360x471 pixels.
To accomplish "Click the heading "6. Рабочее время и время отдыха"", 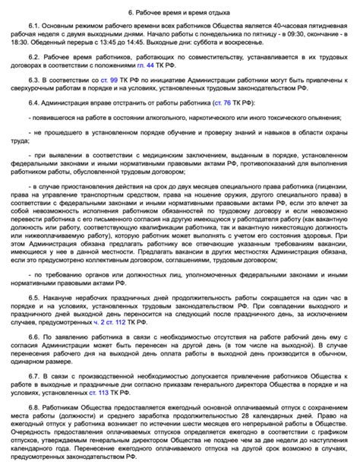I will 179,13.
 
